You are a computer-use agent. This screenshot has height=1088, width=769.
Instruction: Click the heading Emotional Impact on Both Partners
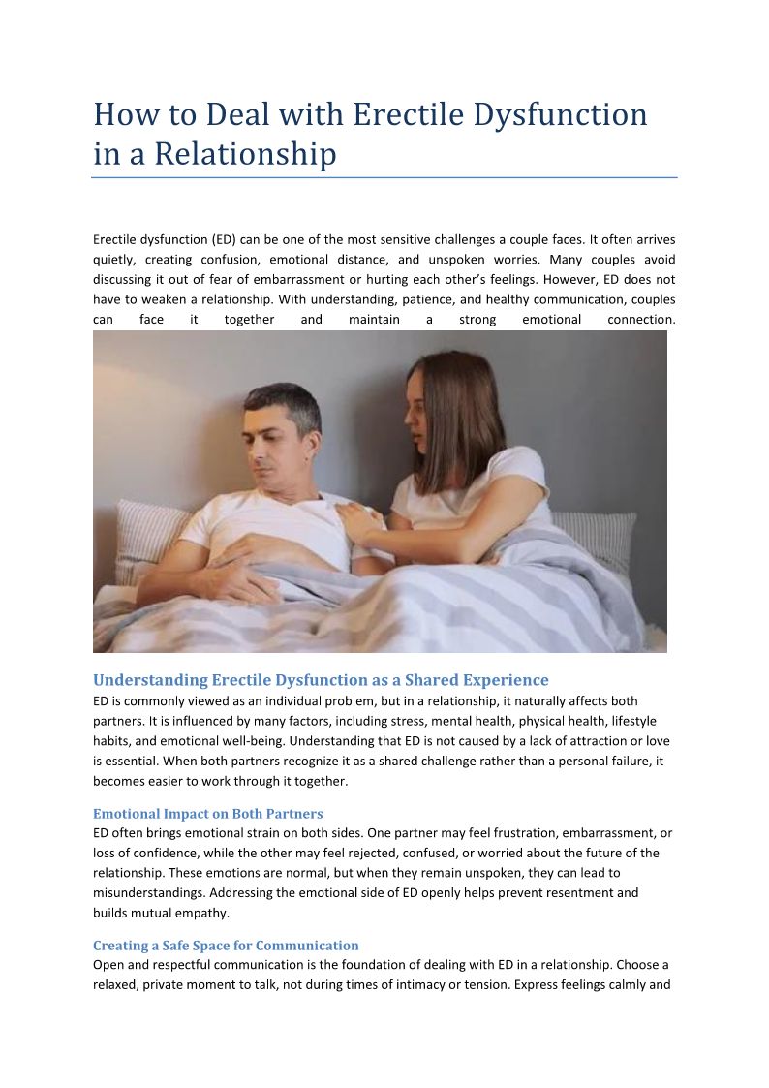point(208,814)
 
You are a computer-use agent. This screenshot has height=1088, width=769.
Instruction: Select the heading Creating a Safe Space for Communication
point(226,946)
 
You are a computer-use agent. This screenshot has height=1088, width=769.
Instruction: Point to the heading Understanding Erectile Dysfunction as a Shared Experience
point(321,680)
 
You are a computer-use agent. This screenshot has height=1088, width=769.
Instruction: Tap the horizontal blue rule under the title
point(384,177)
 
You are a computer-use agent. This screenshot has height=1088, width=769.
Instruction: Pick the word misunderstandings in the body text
point(148,892)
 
